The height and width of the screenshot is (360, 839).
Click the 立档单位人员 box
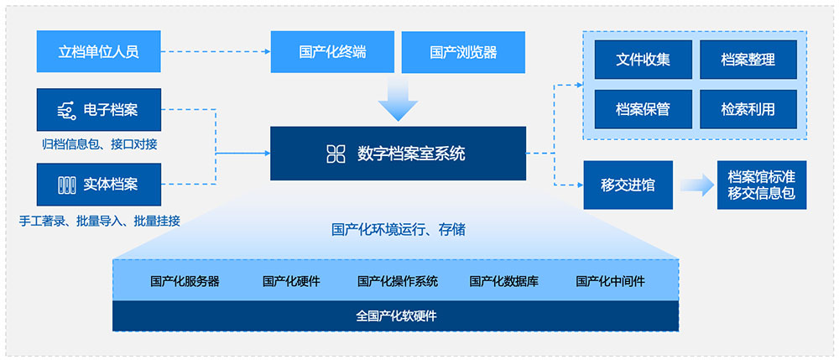(x=98, y=51)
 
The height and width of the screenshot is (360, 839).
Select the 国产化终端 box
(x=332, y=52)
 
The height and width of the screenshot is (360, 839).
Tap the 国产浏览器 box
(x=463, y=52)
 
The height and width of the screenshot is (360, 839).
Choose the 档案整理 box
(x=748, y=60)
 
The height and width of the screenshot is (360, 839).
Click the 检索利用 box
(x=748, y=109)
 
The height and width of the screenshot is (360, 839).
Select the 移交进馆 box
(x=628, y=185)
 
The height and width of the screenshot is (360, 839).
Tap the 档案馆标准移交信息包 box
(x=762, y=185)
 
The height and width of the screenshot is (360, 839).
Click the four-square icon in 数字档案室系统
(x=336, y=154)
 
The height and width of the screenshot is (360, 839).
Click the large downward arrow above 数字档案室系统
(x=398, y=98)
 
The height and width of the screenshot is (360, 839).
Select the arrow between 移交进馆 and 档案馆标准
(x=696, y=185)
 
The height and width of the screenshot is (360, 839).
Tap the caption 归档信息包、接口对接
(x=100, y=144)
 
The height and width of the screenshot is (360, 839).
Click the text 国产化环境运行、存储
(x=398, y=231)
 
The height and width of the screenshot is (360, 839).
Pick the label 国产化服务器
(x=185, y=281)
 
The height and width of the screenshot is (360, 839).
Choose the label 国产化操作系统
(x=398, y=281)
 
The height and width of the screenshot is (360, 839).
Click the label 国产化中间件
(x=610, y=281)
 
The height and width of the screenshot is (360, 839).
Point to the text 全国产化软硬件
(x=397, y=316)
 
